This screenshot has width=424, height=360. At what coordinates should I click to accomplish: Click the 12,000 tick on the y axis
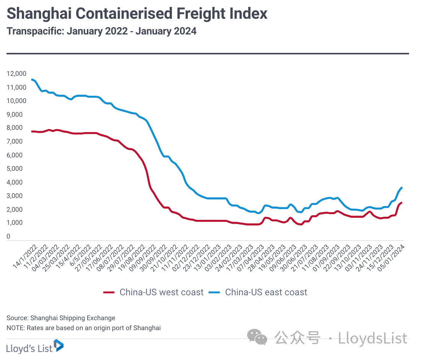coord(16,74)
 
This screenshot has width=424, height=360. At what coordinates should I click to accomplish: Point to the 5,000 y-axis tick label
coord(15,169)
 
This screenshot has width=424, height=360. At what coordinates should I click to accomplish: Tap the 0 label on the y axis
coord(8,237)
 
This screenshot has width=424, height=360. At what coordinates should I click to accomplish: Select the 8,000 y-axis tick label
coord(15,128)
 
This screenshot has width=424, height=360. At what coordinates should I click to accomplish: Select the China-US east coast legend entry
coord(266,292)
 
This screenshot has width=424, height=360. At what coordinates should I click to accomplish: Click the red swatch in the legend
coord(109,293)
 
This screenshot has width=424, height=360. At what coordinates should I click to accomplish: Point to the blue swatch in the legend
coord(214,293)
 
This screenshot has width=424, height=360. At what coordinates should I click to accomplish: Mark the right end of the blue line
coord(402,187)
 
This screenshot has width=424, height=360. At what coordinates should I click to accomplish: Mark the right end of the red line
coord(401,203)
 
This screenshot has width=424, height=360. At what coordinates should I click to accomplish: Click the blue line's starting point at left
coord(32,79)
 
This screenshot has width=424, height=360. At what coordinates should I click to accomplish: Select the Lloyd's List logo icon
coord(59,345)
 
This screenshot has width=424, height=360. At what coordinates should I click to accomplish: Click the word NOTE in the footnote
coord(15,328)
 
